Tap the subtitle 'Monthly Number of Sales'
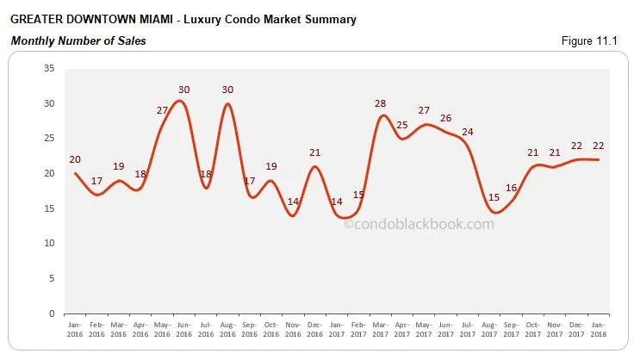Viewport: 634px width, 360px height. [78, 40]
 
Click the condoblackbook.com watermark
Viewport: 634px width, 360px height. [419, 224]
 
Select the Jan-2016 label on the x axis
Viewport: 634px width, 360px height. [76, 331]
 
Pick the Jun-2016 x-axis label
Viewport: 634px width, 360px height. [183, 331]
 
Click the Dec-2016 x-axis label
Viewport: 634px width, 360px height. [314, 331]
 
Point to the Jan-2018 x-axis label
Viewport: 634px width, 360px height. [598, 331]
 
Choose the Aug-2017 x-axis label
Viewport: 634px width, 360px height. [488, 331]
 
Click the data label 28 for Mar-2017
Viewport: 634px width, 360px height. [381, 103]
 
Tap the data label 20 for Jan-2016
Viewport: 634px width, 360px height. [75, 159]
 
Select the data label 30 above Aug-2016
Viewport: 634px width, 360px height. [228, 90]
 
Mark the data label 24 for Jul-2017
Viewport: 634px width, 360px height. [468, 132]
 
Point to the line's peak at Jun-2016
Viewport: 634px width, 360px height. [179, 101]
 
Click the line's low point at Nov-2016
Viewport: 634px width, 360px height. [294, 215]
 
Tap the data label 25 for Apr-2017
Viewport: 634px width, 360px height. [402, 125]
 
